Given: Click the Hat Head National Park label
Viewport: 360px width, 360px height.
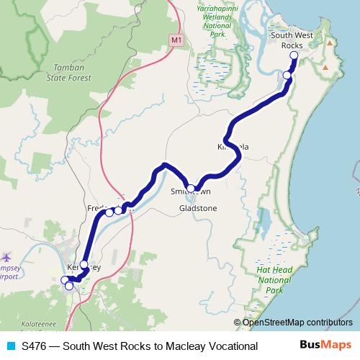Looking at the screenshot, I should pyautogui.click(x=268, y=281).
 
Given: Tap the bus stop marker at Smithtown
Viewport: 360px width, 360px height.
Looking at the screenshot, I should pyautogui.click(x=190, y=188).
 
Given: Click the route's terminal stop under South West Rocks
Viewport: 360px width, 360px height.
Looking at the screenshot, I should pyautogui.click(x=294, y=55).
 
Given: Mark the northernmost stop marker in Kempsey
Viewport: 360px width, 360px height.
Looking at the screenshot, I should pyautogui.click(x=84, y=264).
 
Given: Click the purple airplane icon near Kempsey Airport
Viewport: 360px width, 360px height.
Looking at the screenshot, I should pyautogui.click(x=8, y=256).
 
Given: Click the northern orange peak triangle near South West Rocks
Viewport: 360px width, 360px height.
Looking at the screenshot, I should pyautogui.click(x=329, y=43).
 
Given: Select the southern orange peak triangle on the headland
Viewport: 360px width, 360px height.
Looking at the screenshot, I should pyautogui.click(x=325, y=68).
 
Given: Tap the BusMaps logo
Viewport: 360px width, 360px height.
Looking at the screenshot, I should pyautogui.click(x=326, y=346).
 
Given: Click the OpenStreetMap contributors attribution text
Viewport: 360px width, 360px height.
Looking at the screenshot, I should pyautogui.click(x=297, y=322).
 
